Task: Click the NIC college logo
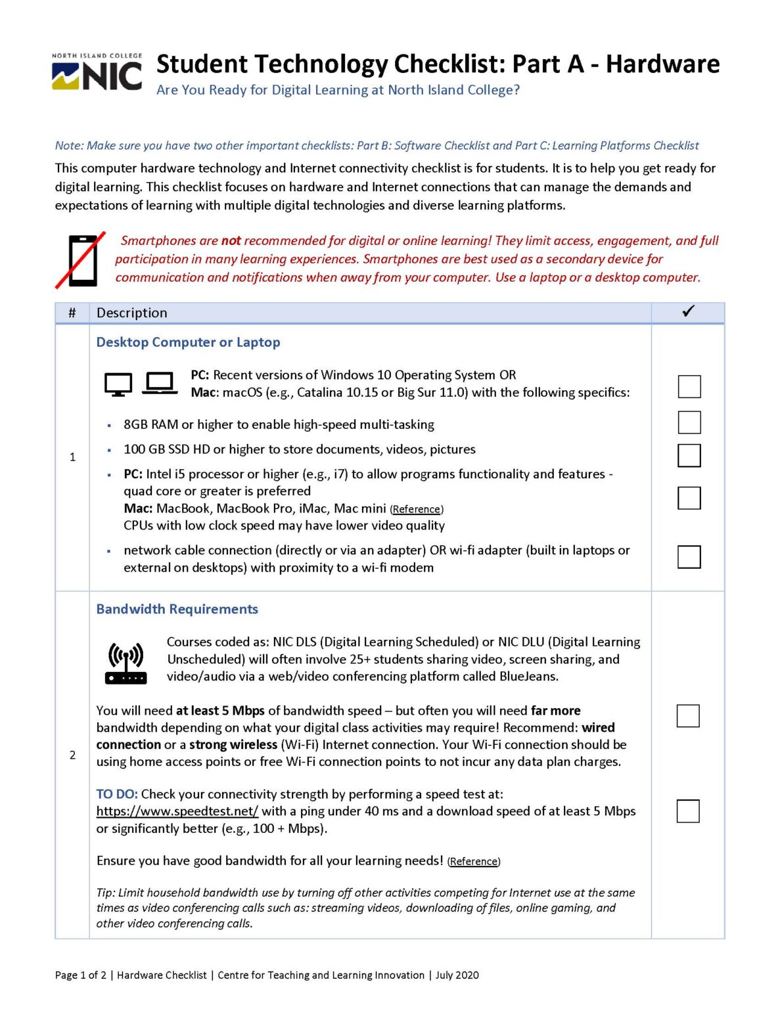pos(97,72)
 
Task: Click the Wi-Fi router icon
pos(126,663)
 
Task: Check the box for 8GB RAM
pos(689,422)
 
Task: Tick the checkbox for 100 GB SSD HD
pos(689,455)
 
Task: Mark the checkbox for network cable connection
pos(689,557)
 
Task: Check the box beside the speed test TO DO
pos(687,811)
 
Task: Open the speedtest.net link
pos(177,811)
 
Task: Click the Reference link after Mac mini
pos(417,509)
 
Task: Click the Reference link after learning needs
pos(473,861)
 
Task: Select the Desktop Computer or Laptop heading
pos(188,342)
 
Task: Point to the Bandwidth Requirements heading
pos(177,609)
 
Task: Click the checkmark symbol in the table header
pos(688,311)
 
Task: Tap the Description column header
pos(132,313)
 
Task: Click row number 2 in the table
pos(72,755)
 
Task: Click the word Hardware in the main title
pos(662,64)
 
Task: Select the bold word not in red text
pos(231,241)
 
